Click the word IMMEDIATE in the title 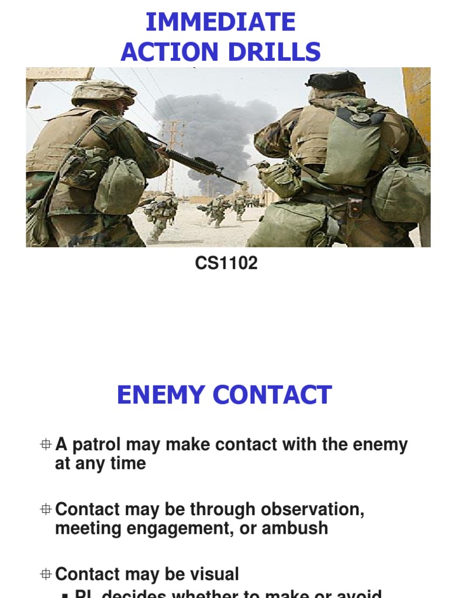220,23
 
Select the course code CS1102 226,263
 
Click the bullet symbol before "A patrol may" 46,445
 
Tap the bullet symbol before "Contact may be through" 46,510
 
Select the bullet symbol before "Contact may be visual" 46,575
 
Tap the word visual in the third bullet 213,575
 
